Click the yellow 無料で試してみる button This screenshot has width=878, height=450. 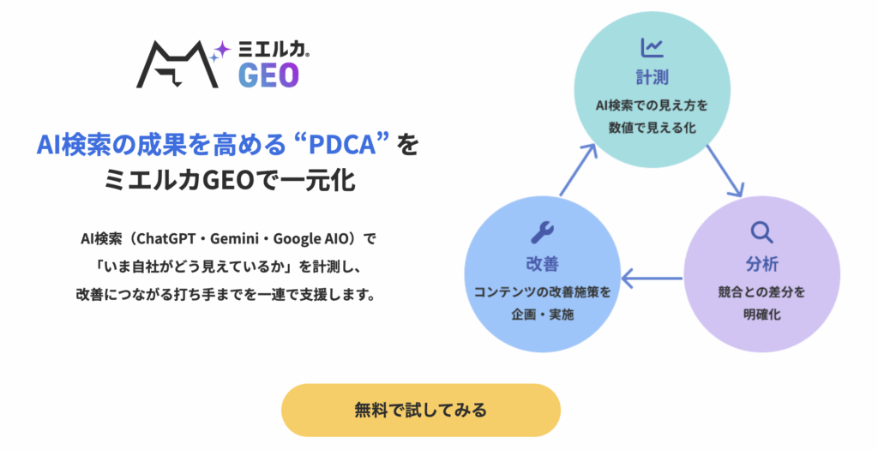pyautogui.click(x=420, y=410)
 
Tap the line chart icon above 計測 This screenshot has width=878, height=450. pyautogui.click(x=652, y=48)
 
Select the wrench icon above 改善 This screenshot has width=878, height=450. pyautogui.click(x=542, y=232)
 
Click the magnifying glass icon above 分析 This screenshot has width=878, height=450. pyautogui.click(x=761, y=232)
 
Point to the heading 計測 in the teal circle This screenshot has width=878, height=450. pyautogui.click(x=652, y=77)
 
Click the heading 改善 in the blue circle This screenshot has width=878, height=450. pyautogui.click(x=542, y=264)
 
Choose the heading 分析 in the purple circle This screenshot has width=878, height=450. pyautogui.click(x=761, y=264)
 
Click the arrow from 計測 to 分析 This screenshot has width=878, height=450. pyautogui.click(x=725, y=171)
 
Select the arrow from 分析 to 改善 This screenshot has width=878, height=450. pyautogui.click(x=652, y=278)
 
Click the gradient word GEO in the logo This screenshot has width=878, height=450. pyautogui.click(x=268, y=75)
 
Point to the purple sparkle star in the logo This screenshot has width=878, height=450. pyautogui.click(x=222, y=49)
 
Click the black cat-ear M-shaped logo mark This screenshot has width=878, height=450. pyautogui.click(x=177, y=64)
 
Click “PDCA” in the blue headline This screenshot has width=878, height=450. pyautogui.click(x=341, y=144)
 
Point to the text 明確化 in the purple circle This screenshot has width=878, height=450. pyautogui.click(x=761, y=315)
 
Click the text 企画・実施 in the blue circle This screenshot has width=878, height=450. pyautogui.click(x=542, y=315)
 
